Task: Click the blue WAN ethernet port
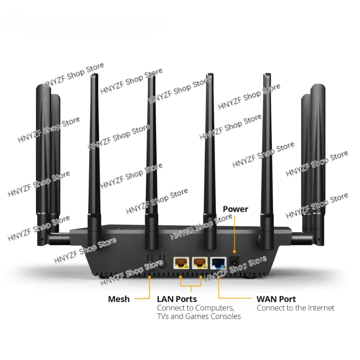(219, 263)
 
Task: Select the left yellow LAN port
(181, 263)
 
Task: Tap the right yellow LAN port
(200, 263)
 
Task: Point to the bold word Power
(235, 209)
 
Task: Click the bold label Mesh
(119, 299)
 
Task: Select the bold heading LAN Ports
(176, 299)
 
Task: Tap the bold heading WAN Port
(276, 299)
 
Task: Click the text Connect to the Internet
(296, 308)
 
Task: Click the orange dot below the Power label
(234, 251)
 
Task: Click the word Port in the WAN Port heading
(288, 299)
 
